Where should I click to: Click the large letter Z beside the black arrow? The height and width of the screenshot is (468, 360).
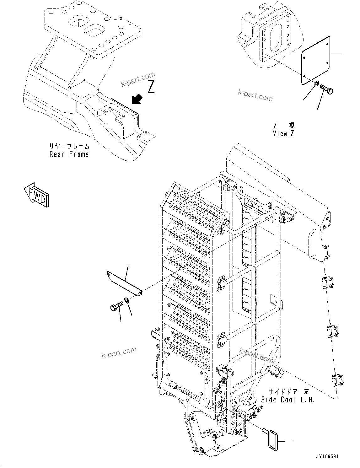click(x=151, y=87)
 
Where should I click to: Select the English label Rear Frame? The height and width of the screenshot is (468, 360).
click(x=69, y=154)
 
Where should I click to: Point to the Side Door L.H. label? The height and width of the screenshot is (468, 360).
click(x=287, y=400)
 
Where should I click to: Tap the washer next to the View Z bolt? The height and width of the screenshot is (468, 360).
click(x=316, y=83)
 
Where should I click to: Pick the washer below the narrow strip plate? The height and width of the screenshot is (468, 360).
click(x=127, y=300)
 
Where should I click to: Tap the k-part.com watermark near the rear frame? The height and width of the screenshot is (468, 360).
click(x=138, y=80)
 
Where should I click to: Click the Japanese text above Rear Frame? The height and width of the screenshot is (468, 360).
click(x=69, y=147)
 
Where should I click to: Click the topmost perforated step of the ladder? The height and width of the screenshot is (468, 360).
click(x=196, y=205)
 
